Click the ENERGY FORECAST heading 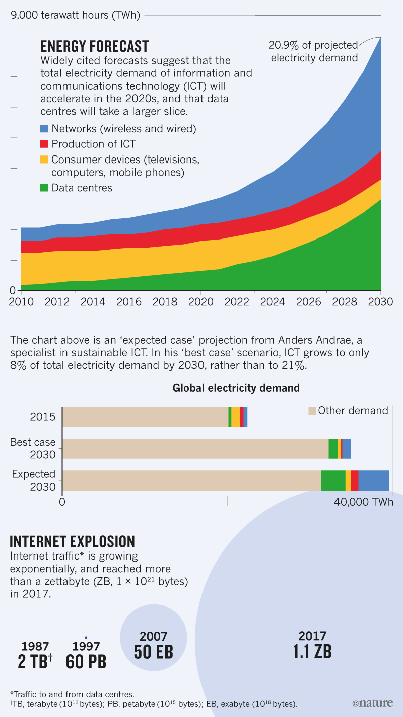pos(94,47)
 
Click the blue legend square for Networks pos(44,129)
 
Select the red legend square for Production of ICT pos(44,144)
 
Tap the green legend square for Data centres pos(44,188)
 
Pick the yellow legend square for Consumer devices pos(44,160)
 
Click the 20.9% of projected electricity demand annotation pos(314,51)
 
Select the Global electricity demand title pos(236,388)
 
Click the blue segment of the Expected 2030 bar pos(373,481)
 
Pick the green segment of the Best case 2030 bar pos(333,448)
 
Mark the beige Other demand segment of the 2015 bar pos(145,417)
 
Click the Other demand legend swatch pos(312,411)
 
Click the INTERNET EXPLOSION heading pos(73,541)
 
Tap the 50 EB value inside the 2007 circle pos(153,652)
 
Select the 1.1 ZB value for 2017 pos(312,652)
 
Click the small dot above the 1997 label pos(86,638)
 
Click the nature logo pos(373,703)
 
